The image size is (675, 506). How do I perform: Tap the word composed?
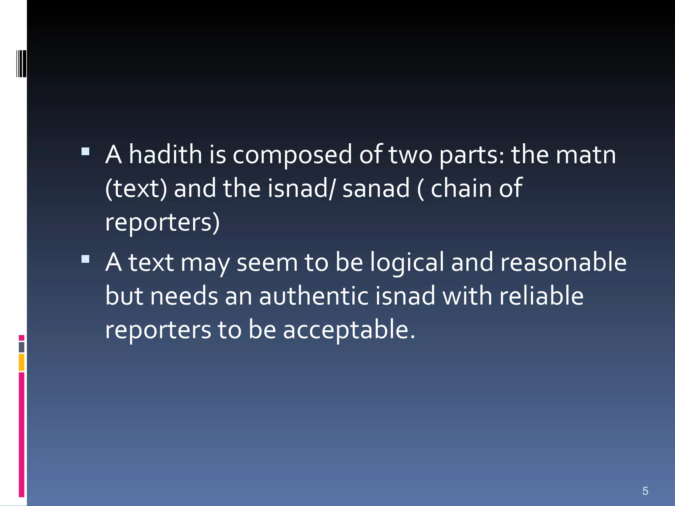tap(292, 155)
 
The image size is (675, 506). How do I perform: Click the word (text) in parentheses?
tap(136, 188)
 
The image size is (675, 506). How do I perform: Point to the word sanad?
tap(376, 188)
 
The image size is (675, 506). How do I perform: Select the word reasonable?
tap(563, 262)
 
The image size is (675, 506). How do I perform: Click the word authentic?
tap(313, 296)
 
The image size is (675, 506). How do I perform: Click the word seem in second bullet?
tap(267, 263)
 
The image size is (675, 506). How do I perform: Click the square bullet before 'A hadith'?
tap(85, 152)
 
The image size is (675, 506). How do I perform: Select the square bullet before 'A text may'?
tap(85, 259)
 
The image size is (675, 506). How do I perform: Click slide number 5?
tap(645, 491)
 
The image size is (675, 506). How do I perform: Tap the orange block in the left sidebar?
tap(21, 362)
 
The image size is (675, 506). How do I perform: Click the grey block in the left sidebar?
tap(21, 347)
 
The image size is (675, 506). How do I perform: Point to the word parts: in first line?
tap(472, 155)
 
